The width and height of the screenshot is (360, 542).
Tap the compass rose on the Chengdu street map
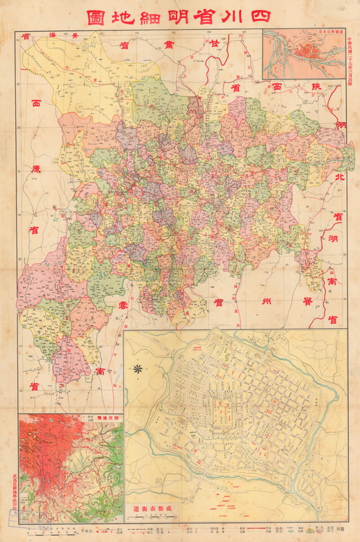[138, 369]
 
